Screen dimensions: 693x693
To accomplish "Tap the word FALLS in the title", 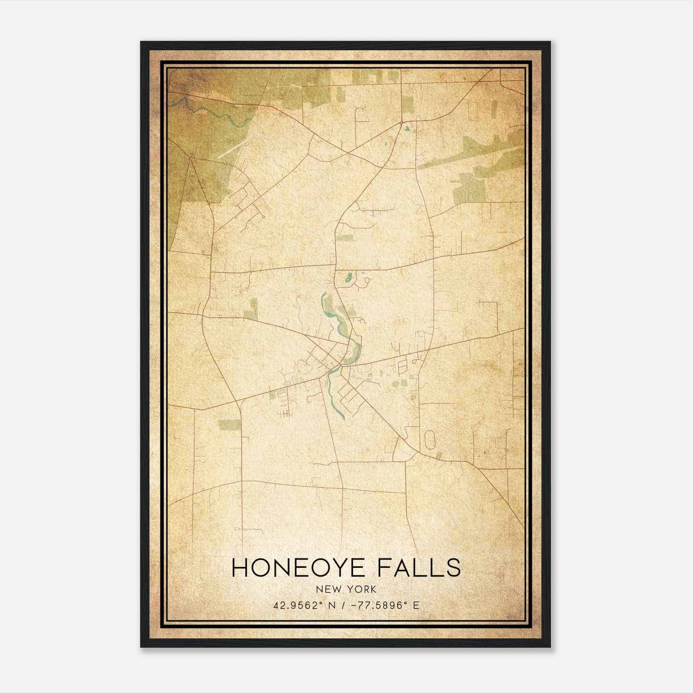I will tap(418, 567).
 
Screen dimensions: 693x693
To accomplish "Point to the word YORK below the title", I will tap(362, 589).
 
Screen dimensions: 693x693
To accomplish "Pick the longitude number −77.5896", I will tap(378, 606).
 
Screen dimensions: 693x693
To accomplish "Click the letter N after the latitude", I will tap(332, 606).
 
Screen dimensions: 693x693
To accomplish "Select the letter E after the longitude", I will tap(416, 606).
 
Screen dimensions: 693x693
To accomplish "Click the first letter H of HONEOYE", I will tap(241, 567).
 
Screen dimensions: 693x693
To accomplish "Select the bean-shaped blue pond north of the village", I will tap(349, 278).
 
